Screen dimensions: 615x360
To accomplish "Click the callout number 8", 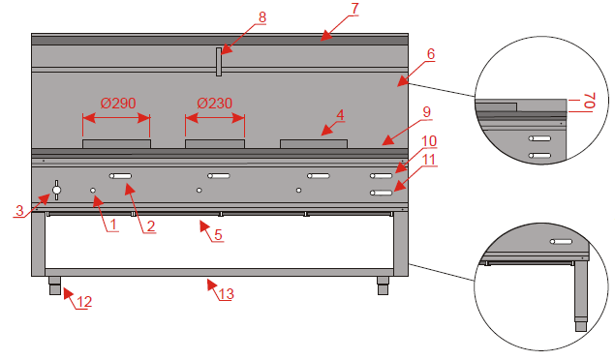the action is click(262, 17).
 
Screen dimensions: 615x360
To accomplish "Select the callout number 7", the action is click(354, 9).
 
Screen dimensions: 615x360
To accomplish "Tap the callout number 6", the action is click(431, 53).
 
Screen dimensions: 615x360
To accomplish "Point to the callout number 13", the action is click(227, 294).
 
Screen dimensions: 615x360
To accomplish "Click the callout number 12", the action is click(84, 302).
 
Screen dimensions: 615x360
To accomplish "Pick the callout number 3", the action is click(19, 210).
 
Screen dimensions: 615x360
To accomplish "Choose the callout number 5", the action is click(218, 234).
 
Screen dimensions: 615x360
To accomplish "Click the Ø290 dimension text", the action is click(118, 103).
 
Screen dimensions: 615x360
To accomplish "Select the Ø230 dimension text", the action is click(215, 103).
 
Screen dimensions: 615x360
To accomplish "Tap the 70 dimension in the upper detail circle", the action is click(590, 101).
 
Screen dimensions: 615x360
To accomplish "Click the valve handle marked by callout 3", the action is click(56, 191).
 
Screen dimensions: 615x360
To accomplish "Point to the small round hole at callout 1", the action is click(93, 191).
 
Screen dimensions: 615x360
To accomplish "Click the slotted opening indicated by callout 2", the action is click(120, 176).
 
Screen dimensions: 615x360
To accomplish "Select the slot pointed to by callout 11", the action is click(382, 193).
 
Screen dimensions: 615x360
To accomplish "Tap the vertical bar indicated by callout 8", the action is click(219, 62).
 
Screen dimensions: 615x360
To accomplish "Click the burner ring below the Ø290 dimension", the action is click(116, 144).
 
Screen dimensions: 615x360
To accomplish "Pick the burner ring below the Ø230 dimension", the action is click(215, 144).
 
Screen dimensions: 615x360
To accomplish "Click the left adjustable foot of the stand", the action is click(54, 285).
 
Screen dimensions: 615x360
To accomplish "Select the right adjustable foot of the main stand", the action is click(383, 285).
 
